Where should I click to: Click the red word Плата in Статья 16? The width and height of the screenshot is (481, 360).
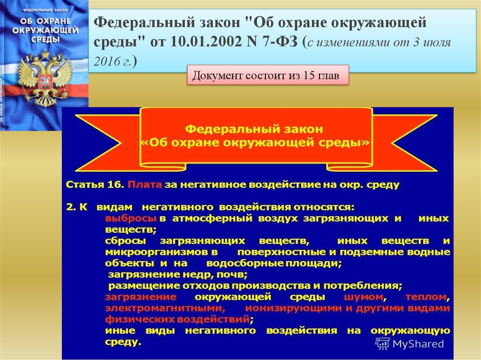pyautogui.click(x=145, y=184)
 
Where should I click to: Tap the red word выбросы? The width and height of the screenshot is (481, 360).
pyautogui.click(x=131, y=218)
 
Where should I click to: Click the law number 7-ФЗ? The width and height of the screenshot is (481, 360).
pyautogui.click(x=280, y=42)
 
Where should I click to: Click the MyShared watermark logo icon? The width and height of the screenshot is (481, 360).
pyautogui.click(x=382, y=344)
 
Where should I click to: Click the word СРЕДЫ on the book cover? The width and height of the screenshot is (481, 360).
pyautogui.click(x=45, y=40)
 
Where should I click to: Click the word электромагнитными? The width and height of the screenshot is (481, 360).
pyautogui.click(x=165, y=308)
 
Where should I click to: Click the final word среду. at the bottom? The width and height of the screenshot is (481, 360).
pyautogui.click(x=123, y=342)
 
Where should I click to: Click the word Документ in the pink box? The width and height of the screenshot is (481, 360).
pyautogui.click(x=217, y=76)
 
